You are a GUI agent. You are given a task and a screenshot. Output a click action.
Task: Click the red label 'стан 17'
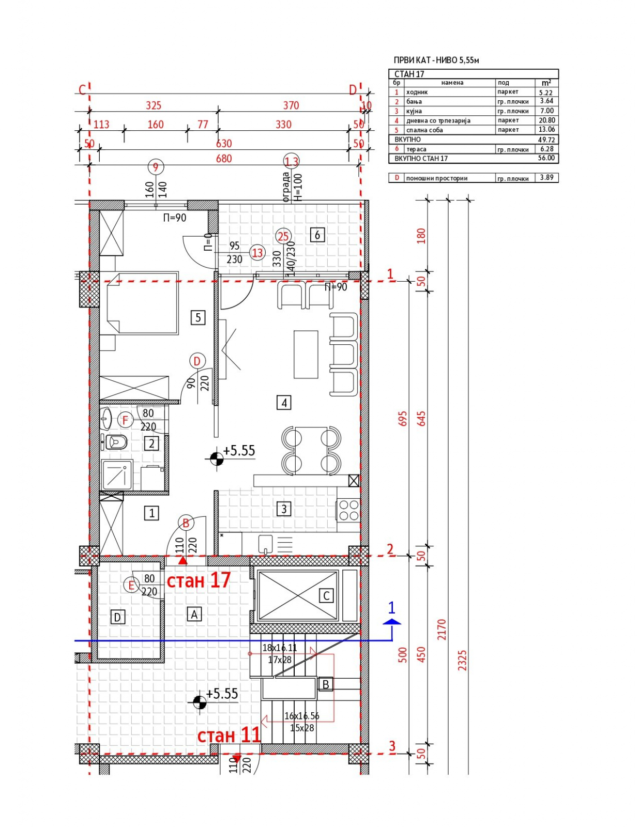(x=199, y=580)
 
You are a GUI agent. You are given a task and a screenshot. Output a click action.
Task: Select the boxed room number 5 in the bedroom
(x=198, y=317)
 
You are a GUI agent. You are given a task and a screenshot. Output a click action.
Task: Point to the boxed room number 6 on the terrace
(x=317, y=235)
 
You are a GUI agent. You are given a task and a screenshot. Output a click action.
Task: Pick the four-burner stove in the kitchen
(x=348, y=510)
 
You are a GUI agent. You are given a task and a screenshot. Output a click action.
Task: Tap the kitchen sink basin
(x=265, y=543)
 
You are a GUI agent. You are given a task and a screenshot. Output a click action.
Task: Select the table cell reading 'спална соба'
(x=424, y=130)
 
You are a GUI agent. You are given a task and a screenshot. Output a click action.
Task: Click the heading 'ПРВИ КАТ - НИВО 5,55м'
(x=436, y=60)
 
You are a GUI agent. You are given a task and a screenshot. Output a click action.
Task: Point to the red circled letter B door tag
(x=186, y=523)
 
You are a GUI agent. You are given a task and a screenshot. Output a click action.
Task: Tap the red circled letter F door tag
(x=125, y=421)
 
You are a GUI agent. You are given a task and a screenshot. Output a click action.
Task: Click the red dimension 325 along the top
(x=154, y=105)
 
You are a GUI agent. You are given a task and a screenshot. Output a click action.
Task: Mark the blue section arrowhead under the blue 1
(x=392, y=621)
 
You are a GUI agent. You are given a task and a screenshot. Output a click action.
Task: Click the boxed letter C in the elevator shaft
(x=326, y=595)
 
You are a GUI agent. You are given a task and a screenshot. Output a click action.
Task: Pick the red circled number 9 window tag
(x=155, y=167)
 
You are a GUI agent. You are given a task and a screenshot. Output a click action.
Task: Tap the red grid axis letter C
(x=82, y=90)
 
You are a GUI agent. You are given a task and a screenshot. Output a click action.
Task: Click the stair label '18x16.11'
(x=279, y=647)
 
